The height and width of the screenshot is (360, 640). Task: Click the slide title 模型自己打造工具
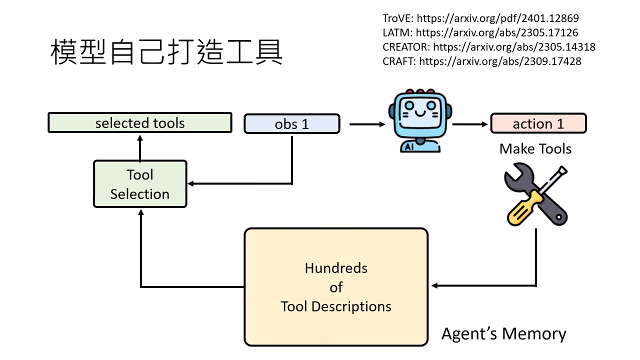tap(166, 52)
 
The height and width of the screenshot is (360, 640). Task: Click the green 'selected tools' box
tap(140, 123)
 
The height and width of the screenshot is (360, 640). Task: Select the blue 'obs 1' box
tap(291, 124)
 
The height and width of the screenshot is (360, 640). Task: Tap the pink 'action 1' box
tap(538, 123)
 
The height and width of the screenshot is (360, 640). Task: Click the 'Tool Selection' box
tap(140, 184)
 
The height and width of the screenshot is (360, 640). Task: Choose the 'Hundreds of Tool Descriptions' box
tap(336, 287)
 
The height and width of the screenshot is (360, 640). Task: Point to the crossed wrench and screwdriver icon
tap(535, 195)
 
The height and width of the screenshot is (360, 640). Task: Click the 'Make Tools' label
tap(535, 148)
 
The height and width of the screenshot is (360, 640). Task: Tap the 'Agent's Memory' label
tap(503, 333)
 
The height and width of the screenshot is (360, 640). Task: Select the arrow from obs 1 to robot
tap(367, 124)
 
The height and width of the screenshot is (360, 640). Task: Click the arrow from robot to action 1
tap(469, 124)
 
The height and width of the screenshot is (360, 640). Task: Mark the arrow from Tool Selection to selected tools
tap(140, 147)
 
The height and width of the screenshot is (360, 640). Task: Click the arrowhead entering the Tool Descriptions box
tap(434, 285)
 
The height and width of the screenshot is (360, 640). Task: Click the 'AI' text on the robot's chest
tap(409, 146)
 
